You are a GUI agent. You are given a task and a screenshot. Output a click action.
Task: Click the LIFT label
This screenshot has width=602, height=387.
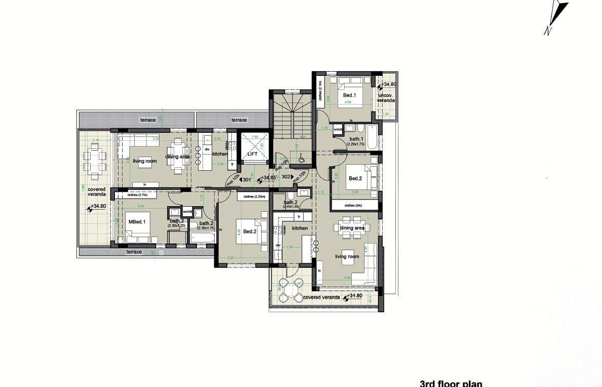(x=252, y=154)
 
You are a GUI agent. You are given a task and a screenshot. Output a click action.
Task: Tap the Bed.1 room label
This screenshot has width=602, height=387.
(x=349, y=96)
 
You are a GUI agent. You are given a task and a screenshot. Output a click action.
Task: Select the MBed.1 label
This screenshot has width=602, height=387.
(x=137, y=222)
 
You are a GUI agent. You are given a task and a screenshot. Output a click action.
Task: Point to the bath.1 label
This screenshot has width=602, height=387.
(x=356, y=139)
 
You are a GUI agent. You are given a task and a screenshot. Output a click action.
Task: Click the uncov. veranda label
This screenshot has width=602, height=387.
(x=386, y=98)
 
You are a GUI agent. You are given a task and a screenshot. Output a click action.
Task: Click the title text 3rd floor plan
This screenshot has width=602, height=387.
(x=451, y=383)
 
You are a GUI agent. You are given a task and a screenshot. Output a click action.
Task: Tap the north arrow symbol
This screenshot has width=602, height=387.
(x=556, y=17)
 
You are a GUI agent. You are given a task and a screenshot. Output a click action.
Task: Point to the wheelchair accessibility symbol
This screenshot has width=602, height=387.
(x=302, y=159)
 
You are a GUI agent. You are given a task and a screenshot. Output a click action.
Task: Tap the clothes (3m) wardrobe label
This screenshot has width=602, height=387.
(x=353, y=206)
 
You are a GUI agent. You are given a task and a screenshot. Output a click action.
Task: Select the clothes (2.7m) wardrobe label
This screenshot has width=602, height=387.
(x=137, y=195)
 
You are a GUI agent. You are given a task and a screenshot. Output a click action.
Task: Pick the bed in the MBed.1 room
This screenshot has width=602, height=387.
(x=137, y=233)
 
